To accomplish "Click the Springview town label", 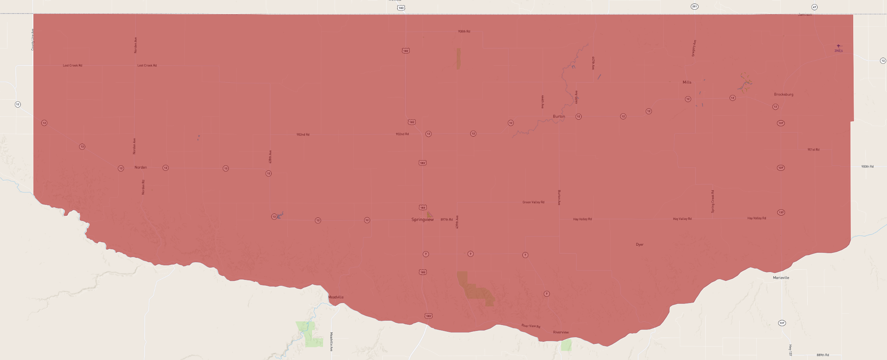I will point(422,219).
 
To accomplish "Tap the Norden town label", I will point(141,167).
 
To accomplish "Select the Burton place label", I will point(559,116).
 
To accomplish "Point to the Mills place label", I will point(687,82).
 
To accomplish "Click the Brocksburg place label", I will point(783,94).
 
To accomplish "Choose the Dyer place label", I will point(639,245).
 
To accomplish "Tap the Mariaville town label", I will point(781,278).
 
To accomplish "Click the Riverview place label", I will point(560,332).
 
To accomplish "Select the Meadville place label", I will point(336,297).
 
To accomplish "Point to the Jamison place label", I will point(805,15).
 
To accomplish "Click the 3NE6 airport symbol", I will point(838,46).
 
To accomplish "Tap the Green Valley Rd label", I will point(533,202).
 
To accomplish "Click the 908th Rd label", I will point(464,31).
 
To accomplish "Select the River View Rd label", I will point(531,326).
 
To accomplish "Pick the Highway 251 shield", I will point(694,7).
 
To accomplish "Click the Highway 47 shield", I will point(814,7).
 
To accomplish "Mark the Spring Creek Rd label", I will point(713,201).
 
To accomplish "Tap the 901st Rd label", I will point(813,150).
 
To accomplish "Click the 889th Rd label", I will point(823,355).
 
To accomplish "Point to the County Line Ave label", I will point(33,39).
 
